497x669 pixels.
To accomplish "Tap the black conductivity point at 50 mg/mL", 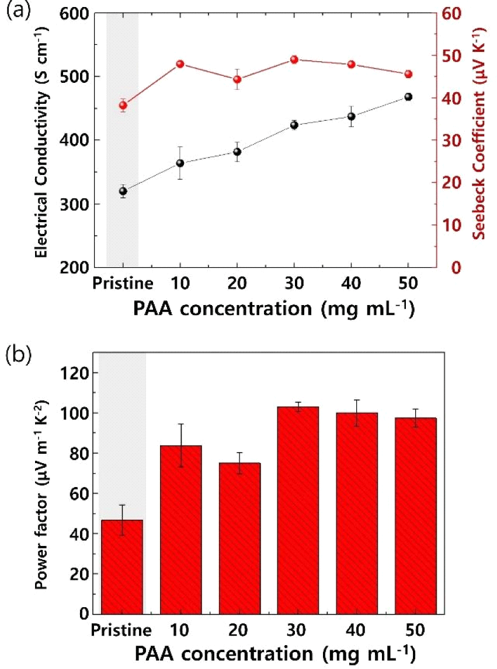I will (x=408, y=97).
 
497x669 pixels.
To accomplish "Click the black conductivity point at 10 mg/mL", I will (x=180, y=163).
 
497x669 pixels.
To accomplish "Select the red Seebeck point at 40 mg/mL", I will (x=351, y=64).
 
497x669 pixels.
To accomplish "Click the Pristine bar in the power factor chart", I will (x=123, y=566).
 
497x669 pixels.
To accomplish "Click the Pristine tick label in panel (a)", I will (x=123, y=284).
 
